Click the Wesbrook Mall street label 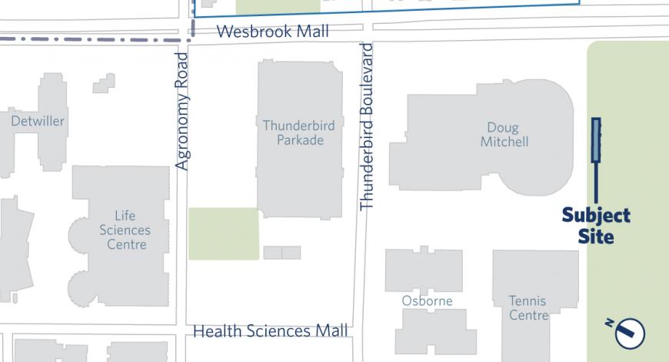[x=273, y=32]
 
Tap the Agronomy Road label [x=182, y=111]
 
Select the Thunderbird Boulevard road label [x=367, y=127]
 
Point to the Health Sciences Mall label [x=270, y=331]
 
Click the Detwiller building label [x=38, y=121]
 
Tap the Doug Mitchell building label [x=504, y=135]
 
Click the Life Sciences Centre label [x=125, y=230]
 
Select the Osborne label [x=427, y=300]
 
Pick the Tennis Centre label [x=529, y=308]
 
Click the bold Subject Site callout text [x=596, y=226]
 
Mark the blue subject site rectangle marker [x=596, y=139]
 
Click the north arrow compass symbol [x=630, y=332]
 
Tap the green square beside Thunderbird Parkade [x=224, y=233]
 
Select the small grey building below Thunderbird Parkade [x=281, y=253]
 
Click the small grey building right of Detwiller [x=104, y=83]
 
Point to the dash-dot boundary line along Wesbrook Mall [x=92, y=39]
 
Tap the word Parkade [x=300, y=140]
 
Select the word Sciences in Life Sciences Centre [x=125, y=230]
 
